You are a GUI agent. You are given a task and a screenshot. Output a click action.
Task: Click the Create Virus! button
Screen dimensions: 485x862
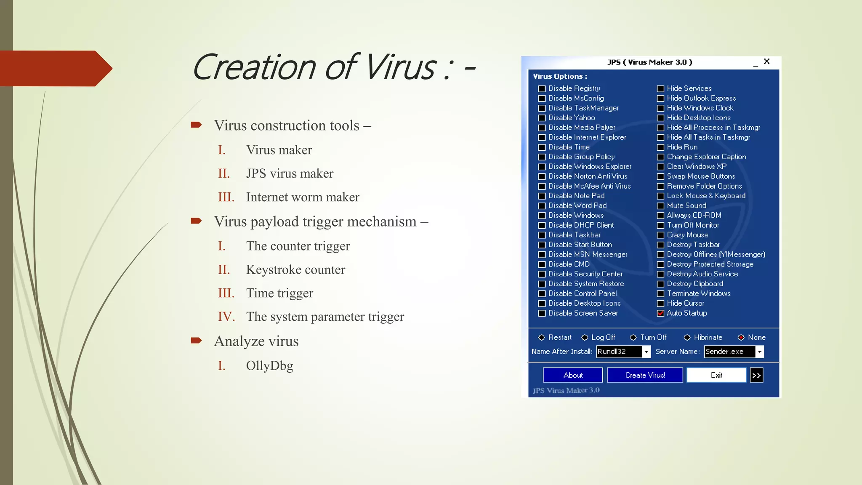pyautogui.click(x=645, y=375)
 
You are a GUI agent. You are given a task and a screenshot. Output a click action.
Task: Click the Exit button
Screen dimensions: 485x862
pyautogui.click(x=716, y=375)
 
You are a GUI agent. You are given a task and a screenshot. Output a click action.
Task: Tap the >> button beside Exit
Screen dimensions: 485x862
pyautogui.click(x=756, y=375)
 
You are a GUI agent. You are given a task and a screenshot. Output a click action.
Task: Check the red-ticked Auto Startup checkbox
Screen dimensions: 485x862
pyautogui.click(x=661, y=313)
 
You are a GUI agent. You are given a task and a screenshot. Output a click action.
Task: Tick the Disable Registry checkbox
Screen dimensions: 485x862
pyautogui.click(x=542, y=89)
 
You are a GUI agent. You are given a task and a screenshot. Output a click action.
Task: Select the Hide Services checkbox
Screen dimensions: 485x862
pyautogui.click(x=661, y=89)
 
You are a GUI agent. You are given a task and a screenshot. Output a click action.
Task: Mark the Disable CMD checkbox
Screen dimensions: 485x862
pyautogui.click(x=542, y=264)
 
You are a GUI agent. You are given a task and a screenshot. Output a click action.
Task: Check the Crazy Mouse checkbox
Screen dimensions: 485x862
pyautogui.click(x=661, y=235)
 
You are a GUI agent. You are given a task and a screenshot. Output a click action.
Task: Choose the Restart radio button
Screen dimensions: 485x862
pyautogui.click(x=542, y=338)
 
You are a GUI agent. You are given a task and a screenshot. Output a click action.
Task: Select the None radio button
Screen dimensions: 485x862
pyautogui.click(x=741, y=338)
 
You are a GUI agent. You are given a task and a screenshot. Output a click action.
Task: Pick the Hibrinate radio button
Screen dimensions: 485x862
pyautogui.click(x=687, y=338)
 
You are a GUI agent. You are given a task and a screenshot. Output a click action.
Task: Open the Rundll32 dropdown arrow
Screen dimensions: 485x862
pyautogui.click(x=646, y=352)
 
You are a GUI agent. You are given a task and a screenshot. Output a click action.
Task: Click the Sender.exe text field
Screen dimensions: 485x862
pyautogui.click(x=729, y=352)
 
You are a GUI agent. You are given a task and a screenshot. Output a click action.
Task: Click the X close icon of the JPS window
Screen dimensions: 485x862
pyautogui.click(x=767, y=61)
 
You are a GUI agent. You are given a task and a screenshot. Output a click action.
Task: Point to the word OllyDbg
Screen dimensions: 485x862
pyautogui.click(x=269, y=365)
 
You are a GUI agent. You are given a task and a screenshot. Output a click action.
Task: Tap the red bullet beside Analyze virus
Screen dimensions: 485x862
pyautogui.click(x=196, y=341)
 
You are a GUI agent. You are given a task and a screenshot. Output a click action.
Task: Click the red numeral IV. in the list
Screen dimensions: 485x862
pyautogui.click(x=226, y=317)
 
